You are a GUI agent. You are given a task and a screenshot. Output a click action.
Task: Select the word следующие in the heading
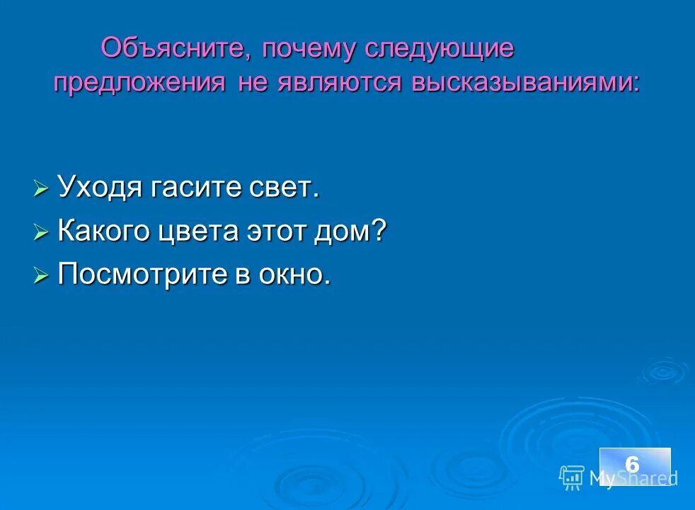440,49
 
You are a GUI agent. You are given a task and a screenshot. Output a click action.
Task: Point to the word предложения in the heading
139,82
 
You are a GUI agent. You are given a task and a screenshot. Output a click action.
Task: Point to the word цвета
205,232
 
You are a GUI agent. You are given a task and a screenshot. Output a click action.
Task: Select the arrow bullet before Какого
41,232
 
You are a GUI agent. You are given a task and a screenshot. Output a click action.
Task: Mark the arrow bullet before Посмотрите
41,275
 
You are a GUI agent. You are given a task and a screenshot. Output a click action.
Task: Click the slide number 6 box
634,465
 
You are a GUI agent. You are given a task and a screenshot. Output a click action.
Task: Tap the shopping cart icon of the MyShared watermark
571,478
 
